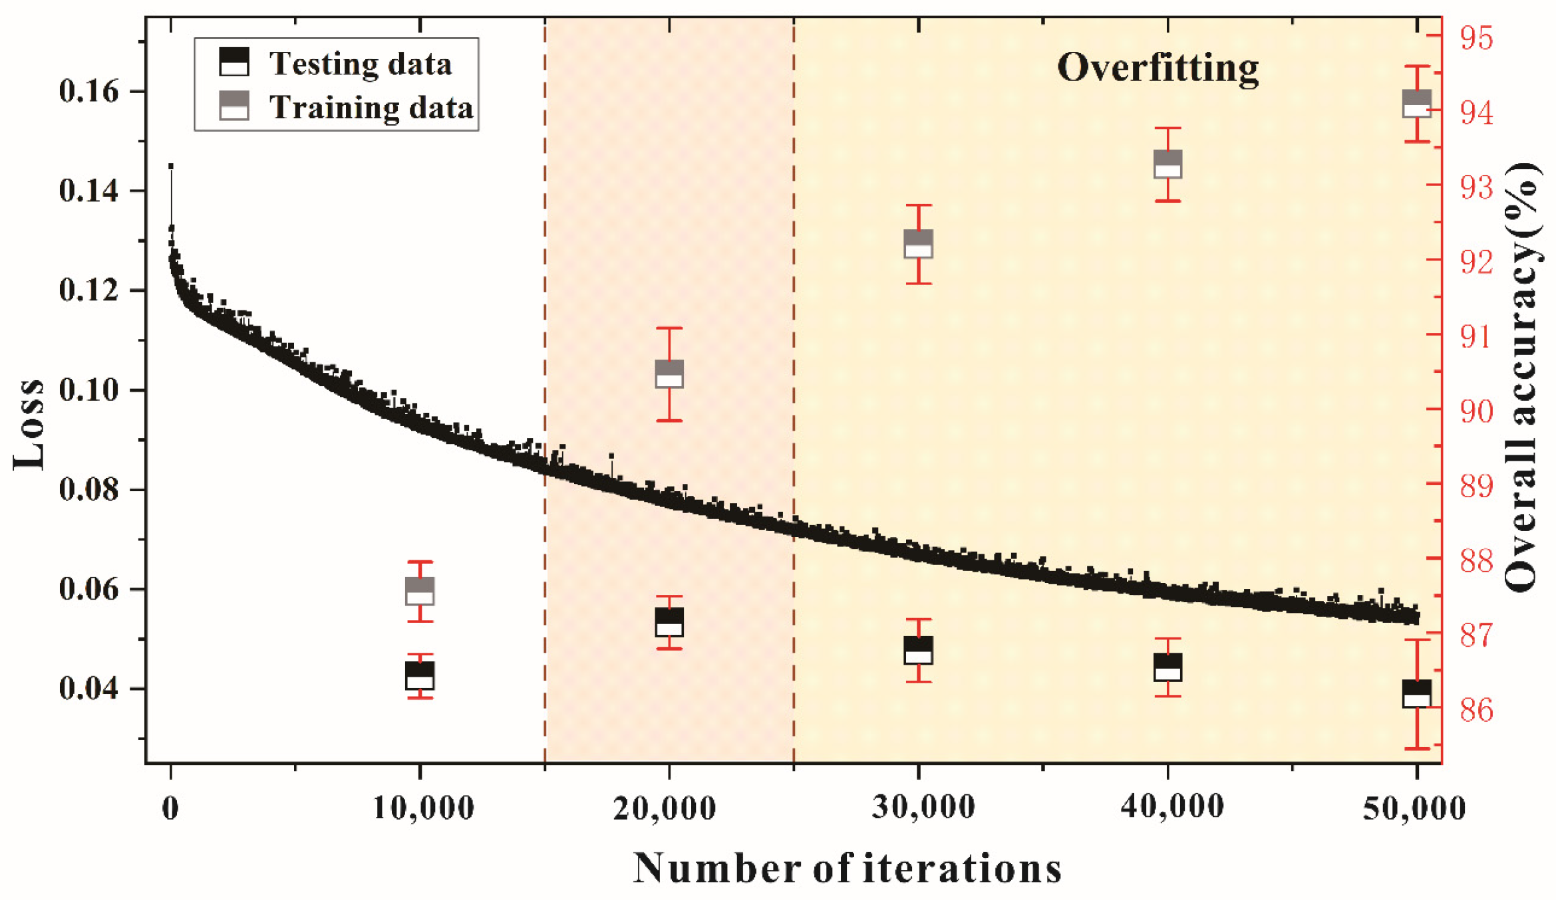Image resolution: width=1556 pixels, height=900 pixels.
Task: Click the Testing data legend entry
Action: click(x=359, y=64)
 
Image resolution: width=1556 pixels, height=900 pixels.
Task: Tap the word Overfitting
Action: click(x=1158, y=67)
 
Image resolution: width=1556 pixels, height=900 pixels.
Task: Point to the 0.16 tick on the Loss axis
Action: click(x=88, y=91)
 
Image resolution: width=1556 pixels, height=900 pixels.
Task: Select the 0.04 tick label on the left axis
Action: click(x=88, y=688)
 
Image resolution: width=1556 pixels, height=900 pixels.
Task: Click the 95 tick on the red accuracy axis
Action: click(x=1476, y=38)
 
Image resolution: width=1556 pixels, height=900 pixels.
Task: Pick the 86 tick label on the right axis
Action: click(x=1476, y=711)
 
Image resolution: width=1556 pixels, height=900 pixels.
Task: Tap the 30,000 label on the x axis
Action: click(x=923, y=808)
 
